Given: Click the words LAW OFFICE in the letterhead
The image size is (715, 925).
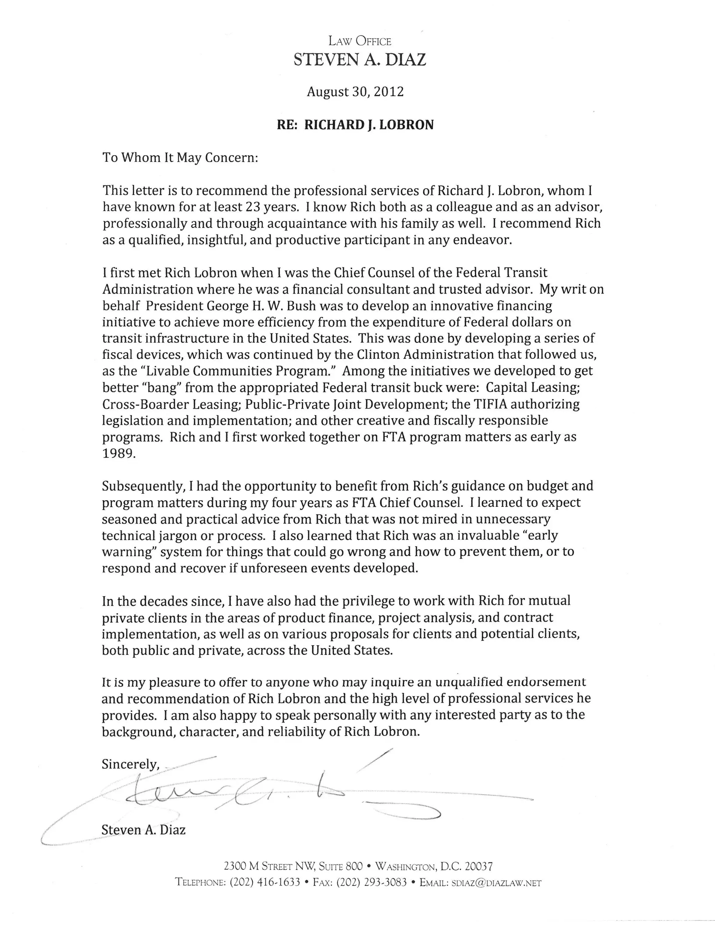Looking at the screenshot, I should pos(360,42).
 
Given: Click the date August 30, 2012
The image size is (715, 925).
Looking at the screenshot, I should pos(355,92).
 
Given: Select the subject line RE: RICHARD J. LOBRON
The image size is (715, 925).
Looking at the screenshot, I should pos(355,125).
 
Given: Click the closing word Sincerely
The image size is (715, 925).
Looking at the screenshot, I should pos(130,764).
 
